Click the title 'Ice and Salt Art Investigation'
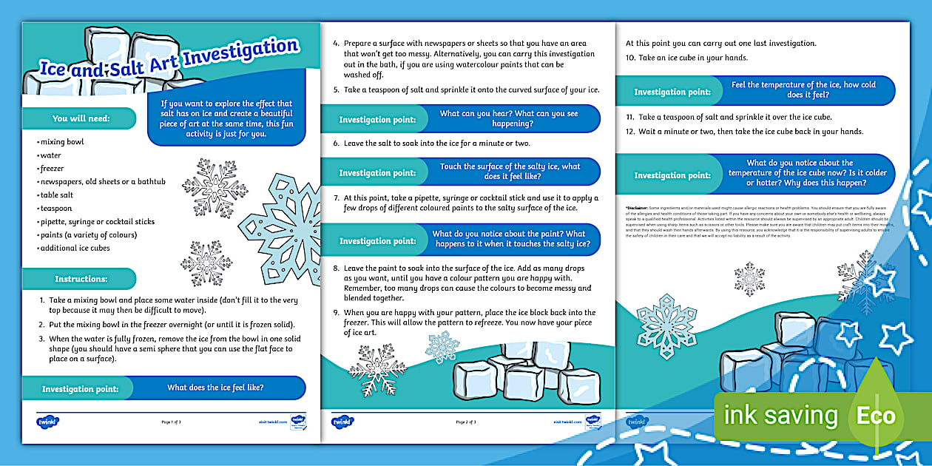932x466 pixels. point(169,58)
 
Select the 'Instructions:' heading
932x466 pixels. point(81,279)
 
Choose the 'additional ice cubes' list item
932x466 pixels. point(73,249)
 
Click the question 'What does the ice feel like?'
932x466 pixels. point(215,388)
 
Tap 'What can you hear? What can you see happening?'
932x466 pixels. point(509,118)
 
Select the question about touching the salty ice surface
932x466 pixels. point(510,172)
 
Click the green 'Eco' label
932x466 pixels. point(877,416)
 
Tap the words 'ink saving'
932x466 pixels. point(780,416)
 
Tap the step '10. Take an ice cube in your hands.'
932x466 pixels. point(677,58)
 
